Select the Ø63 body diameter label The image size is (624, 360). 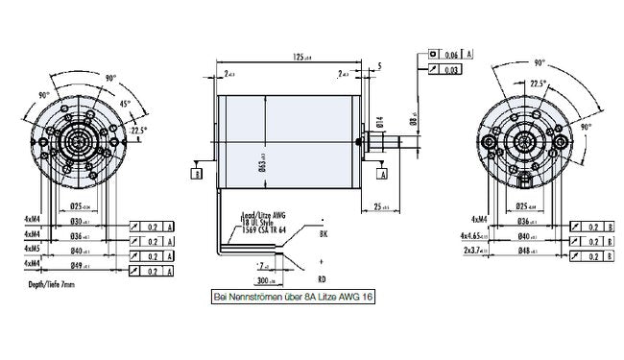[x=263, y=169]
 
